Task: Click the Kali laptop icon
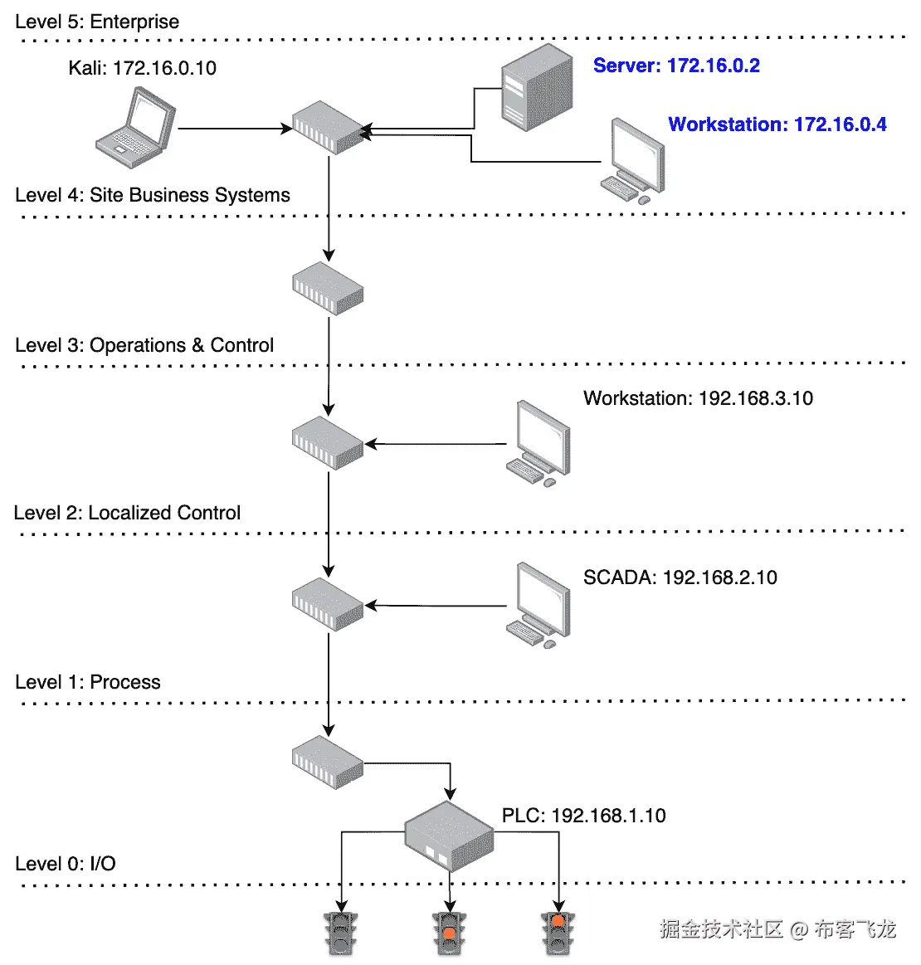coord(135,128)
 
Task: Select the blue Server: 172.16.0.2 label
coord(676,66)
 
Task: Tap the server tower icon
coord(537,87)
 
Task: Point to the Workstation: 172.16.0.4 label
coord(777,124)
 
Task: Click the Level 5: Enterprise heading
coord(97,22)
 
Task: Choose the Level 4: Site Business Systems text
coord(153,195)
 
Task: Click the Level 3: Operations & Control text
coord(144,345)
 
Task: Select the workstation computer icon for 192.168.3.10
coord(538,444)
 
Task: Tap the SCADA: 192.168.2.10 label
coord(680,578)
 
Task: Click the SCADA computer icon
coord(538,605)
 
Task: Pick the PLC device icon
coord(449,836)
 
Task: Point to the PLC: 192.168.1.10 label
coord(584,816)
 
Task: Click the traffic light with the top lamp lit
coord(558,933)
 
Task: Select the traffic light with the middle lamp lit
coord(450,933)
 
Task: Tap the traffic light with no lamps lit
coord(341,933)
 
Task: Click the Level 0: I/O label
coord(66,864)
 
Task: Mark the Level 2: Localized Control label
coord(127,513)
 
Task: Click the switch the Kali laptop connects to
coord(328,128)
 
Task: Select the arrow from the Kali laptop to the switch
coord(235,129)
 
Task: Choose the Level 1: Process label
coord(87,682)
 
